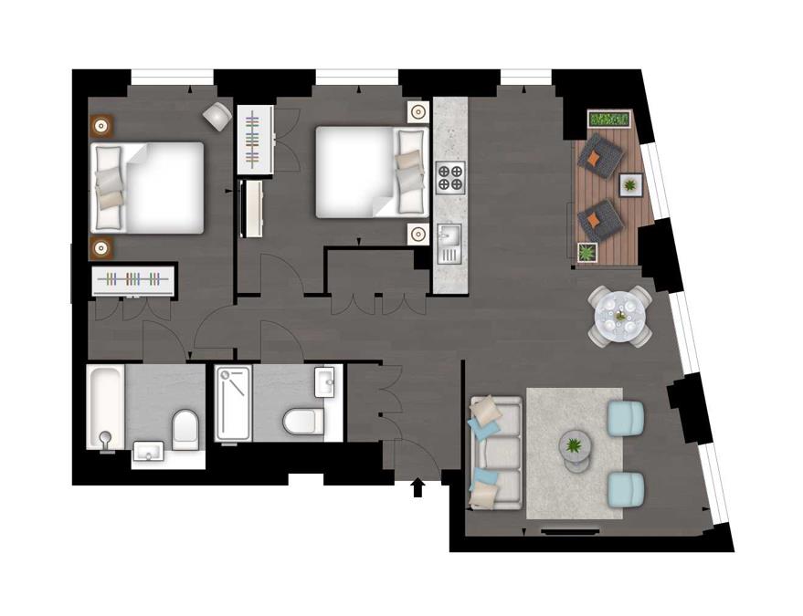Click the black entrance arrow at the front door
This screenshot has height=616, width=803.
coord(417,488)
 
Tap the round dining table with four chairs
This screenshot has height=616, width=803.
coord(620,316)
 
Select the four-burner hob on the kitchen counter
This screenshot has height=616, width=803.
coord(450,177)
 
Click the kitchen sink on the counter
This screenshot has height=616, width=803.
coord(449,242)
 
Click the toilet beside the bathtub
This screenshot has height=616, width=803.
coord(185,427)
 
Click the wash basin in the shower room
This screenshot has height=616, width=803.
coord(326,381)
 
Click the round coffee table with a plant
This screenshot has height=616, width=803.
coord(575,447)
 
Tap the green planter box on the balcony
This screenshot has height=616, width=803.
coord(610,120)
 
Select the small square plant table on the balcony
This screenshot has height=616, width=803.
coord(630,185)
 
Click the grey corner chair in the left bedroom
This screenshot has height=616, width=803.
coord(217,115)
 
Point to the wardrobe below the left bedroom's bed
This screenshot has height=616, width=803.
coord(134,280)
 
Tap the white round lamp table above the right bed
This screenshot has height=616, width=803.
coord(417,112)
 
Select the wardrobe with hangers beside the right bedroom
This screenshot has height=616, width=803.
coord(255,139)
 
